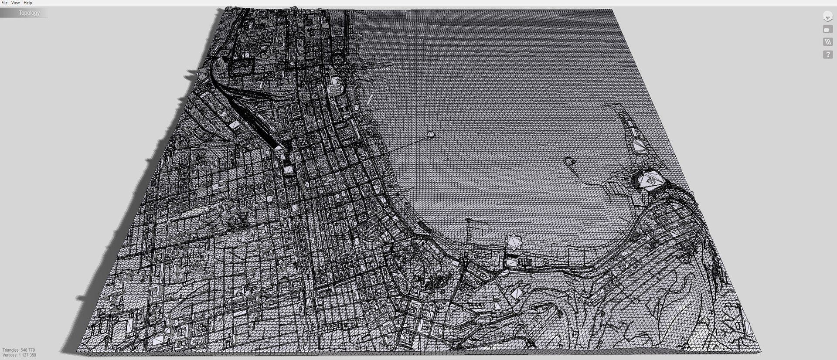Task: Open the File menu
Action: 4,3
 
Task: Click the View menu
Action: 15,3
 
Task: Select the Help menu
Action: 27,3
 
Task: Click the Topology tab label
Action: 29,13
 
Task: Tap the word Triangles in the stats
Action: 10,350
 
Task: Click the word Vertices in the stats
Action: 9,355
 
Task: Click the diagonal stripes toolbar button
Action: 827,42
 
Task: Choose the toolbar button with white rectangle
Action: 827,30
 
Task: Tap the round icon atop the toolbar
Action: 827,17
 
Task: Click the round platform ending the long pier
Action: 431,134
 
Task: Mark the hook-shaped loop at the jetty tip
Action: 568,161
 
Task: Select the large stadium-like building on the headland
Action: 650,180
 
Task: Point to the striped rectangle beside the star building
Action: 524,262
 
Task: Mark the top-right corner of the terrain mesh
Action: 612,10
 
